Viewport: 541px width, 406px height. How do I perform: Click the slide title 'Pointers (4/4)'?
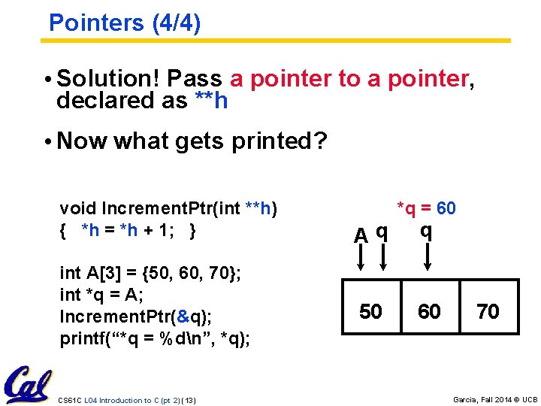coord(124,23)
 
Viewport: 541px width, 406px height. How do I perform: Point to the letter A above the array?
coord(361,235)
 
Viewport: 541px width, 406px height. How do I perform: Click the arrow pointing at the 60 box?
coord(427,256)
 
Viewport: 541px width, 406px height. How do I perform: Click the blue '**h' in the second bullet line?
coord(210,101)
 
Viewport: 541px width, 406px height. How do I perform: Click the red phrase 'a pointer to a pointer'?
coord(349,78)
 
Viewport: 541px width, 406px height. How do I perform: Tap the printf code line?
coord(155,338)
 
